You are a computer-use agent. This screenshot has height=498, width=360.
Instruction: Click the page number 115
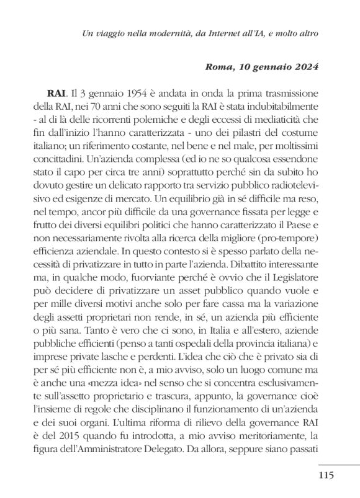326,476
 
